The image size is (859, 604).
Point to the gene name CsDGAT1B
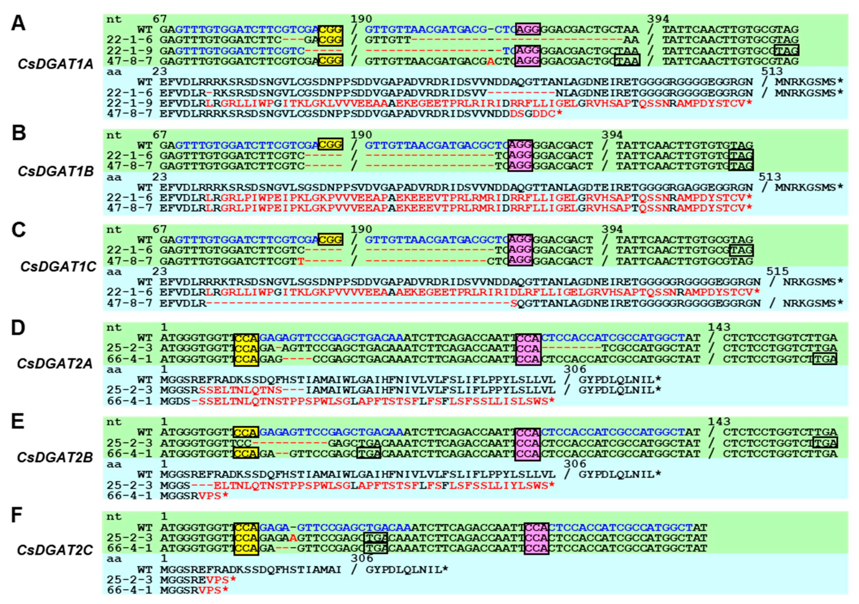pyautogui.click(x=55, y=171)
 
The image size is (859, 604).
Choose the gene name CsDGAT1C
pyautogui.click(x=58, y=267)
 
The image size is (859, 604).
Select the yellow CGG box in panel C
pyautogui.click(x=330, y=239)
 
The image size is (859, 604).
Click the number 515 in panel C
pyautogui.click(x=777, y=271)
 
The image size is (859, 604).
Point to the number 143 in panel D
pyautogui.click(x=719, y=328)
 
